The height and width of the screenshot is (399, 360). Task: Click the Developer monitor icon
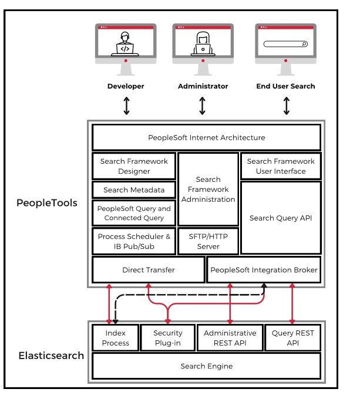[126, 49]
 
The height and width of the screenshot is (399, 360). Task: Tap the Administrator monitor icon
[203, 49]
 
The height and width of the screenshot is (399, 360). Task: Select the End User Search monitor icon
[285, 49]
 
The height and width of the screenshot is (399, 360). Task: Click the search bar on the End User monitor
[285, 44]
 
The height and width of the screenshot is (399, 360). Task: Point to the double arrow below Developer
[126, 106]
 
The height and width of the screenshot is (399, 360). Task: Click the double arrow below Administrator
[203, 106]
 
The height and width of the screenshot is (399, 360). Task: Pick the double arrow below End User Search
[287, 106]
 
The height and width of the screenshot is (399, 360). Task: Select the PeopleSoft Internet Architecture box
[206, 138]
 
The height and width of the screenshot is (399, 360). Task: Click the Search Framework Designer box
[134, 166]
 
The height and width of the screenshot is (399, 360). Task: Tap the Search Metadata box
[134, 190]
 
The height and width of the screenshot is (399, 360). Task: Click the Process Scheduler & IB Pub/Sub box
[134, 241]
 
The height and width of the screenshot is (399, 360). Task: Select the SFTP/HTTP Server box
[208, 241]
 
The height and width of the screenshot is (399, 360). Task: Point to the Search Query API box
[281, 218]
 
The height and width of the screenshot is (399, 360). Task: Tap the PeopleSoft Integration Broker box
[264, 270]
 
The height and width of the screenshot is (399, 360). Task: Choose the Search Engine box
[206, 366]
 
